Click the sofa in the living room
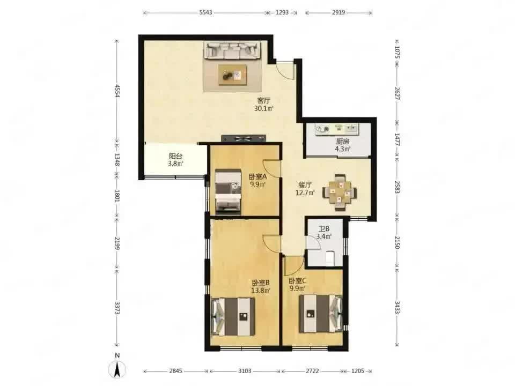[232, 50]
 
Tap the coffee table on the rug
[233, 75]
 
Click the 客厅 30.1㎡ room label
[264, 105]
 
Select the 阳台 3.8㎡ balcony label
[176, 160]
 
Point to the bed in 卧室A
[228, 192]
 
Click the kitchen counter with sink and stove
[337, 129]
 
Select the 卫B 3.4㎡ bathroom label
[324, 232]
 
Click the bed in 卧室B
[233, 316]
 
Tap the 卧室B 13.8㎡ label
[261, 286]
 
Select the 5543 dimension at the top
[205, 12]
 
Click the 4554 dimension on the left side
[116, 91]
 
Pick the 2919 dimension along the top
[339, 12]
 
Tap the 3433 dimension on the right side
[397, 308]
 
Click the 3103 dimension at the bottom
[245, 371]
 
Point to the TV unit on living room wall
[244, 138]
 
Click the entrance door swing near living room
[284, 70]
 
